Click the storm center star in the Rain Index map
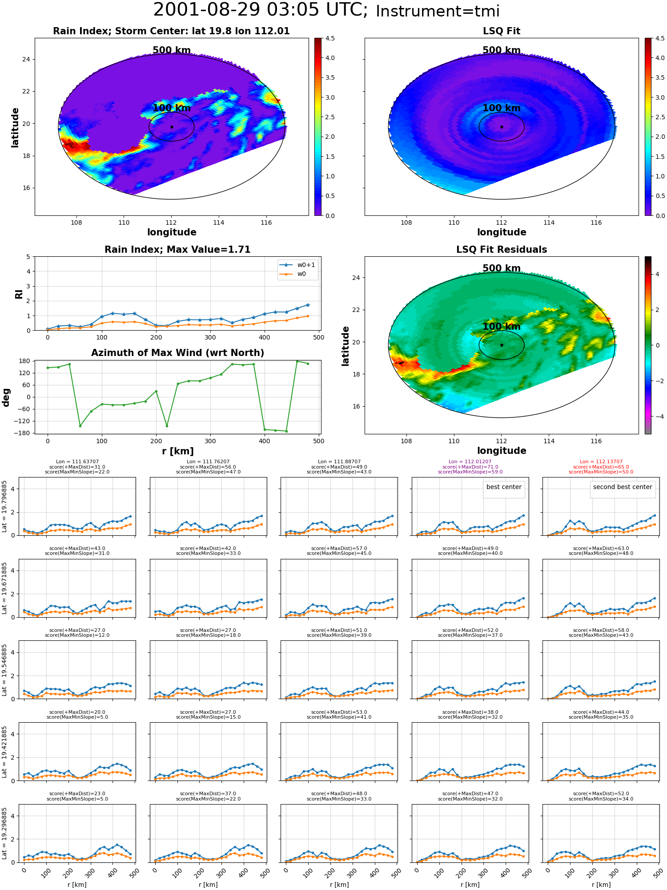coord(172,127)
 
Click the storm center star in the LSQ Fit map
coord(502,127)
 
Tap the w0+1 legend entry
coord(298,265)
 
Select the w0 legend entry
coord(293,274)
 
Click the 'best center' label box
coord(504,487)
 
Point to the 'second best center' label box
coord(623,487)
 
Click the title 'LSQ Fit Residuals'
coord(502,250)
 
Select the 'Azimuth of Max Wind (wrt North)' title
coord(177,353)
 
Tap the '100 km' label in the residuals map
coord(502,326)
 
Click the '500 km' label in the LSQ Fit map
coord(502,50)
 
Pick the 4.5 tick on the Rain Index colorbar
coord(329,38)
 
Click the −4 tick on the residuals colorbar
coord(657,417)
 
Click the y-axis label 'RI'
coord(19,294)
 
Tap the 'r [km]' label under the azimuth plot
coord(177,451)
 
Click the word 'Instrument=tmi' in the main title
coord(438,11)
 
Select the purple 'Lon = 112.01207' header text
coord(470,462)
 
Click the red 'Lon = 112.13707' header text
coord(601,462)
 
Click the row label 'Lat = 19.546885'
coord(4,669)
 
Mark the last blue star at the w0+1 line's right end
coord(308,305)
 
